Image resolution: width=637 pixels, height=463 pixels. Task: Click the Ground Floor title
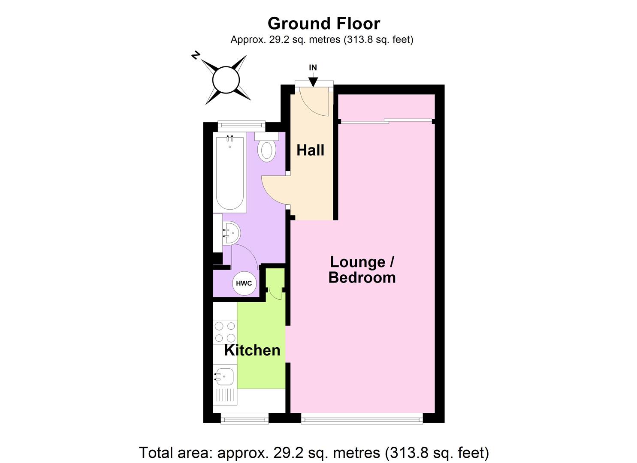(x=324, y=23)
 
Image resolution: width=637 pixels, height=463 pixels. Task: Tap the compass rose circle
(x=226, y=80)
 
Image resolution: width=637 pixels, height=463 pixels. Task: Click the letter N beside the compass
(x=196, y=56)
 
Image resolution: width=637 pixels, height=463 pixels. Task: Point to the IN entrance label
(x=313, y=68)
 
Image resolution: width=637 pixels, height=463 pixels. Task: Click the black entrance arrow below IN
(x=313, y=81)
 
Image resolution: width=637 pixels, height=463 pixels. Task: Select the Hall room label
(x=311, y=150)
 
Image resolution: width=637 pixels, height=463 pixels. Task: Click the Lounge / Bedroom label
(x=362, y=270)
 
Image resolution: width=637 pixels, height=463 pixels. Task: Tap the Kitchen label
(x=252, y=350)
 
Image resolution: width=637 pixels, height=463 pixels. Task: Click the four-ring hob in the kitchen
(x=225, y=332)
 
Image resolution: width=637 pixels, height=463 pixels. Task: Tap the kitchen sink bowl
(x=224, y=377)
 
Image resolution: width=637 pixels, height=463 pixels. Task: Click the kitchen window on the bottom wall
(x=245, y=418)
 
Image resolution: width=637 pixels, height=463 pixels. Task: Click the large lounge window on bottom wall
(x=362, y=418)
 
